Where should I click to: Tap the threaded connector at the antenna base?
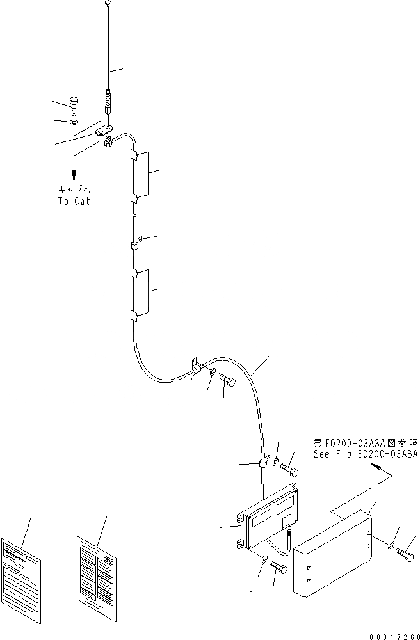coord(109,100)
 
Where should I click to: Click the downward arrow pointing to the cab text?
coord(74,172)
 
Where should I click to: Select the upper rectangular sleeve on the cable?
coord(140,175)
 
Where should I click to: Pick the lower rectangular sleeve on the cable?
coord(140,292)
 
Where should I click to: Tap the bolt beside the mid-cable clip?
coord(227,381)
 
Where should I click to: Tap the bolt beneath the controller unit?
coord(278,566)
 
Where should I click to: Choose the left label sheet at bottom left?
coord(22,570)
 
